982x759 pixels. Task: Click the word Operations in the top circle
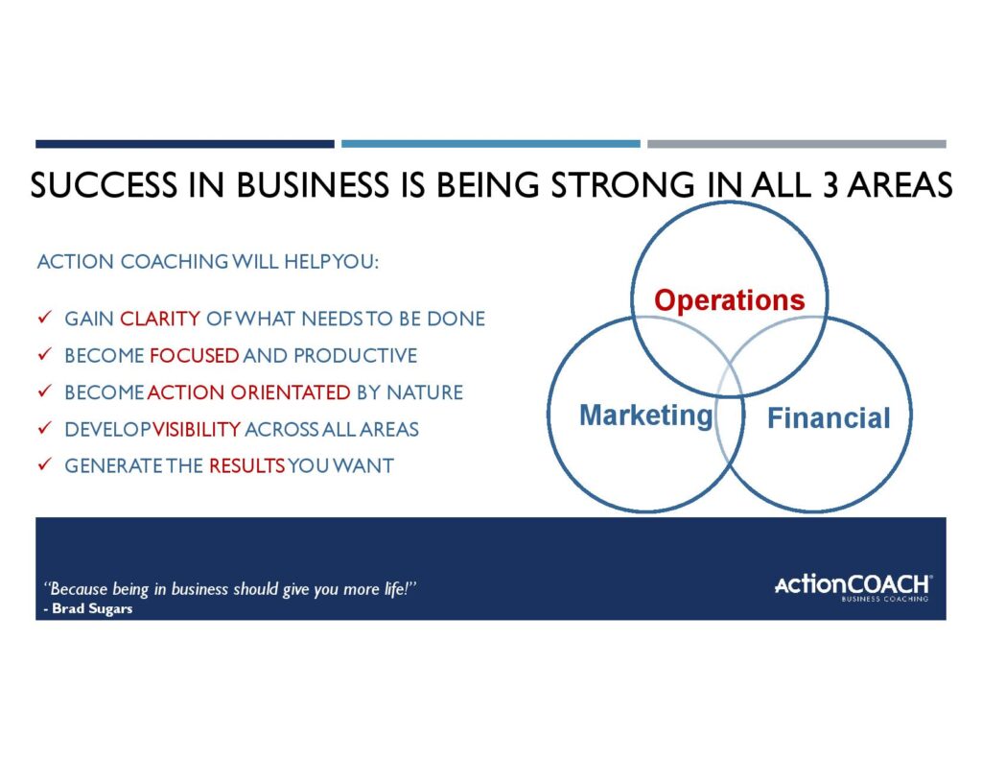729,301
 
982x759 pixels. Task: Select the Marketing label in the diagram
645,416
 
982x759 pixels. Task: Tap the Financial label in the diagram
829,418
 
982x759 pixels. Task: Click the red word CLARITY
160,319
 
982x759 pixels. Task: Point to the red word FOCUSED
194,356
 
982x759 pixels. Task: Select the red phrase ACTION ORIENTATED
248,393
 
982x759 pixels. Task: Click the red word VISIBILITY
196,430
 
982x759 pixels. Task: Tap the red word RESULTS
246,466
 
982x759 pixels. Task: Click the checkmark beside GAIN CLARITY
44,318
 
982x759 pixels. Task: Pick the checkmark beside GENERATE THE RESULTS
44,464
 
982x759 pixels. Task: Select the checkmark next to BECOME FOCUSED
44,354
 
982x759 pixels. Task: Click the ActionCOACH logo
853,587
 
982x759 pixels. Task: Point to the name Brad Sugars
92,608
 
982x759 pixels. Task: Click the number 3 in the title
830,185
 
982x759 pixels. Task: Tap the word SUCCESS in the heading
104,185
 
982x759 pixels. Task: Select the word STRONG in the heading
622,185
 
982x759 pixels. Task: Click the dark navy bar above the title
185,144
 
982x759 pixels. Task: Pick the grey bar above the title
797,144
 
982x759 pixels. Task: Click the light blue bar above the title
490,144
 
